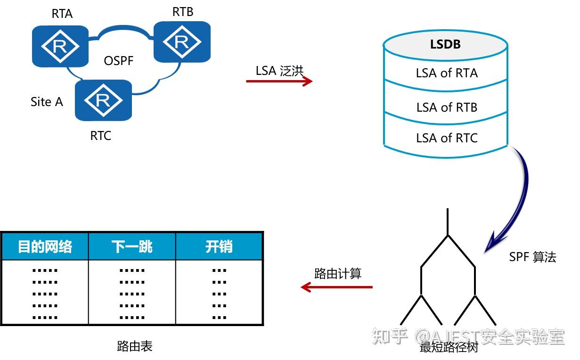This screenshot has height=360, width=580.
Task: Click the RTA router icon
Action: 60,46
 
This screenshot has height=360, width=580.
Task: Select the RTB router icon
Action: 182,42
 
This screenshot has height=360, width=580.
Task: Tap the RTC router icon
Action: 103,100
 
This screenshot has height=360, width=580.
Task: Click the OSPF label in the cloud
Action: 119,61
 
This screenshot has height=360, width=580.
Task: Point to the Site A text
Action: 47,102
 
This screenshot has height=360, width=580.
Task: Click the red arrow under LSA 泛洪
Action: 279,82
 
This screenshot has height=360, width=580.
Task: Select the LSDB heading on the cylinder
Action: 445,44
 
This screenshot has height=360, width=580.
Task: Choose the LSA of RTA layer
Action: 446,74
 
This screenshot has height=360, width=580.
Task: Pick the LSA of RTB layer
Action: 446,107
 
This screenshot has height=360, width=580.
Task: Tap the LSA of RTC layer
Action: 446,138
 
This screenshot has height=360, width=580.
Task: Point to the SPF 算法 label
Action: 532,257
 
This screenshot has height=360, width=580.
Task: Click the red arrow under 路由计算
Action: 337,287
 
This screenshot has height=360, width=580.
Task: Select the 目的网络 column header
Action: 45,246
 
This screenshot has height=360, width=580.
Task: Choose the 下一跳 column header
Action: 132,246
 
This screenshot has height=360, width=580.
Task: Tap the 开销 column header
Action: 219,246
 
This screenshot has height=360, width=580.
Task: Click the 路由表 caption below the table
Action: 135,346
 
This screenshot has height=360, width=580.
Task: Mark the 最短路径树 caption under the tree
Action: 449,348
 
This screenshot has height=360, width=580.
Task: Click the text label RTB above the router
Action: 182,12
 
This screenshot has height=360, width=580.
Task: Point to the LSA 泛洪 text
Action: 279,70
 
